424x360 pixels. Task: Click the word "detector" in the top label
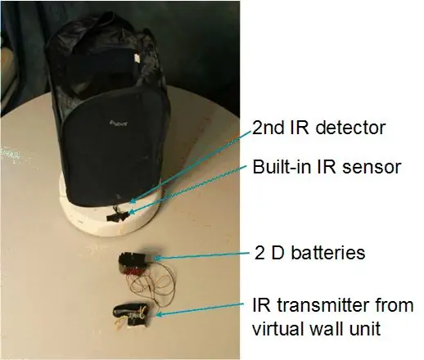pos(350,128)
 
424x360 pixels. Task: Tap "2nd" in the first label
pos(268,128)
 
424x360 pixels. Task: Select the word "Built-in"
pos(282,167)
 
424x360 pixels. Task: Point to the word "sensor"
pos(372,168)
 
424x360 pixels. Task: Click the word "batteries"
pos(328,253)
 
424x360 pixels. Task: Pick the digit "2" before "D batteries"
pos(259,253)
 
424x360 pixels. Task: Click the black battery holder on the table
pos(133,263)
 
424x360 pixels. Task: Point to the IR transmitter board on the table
pos(131,315)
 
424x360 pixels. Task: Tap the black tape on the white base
pos(118,216)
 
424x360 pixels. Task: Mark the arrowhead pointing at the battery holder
pos(158,258)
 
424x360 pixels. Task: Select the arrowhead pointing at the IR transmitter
pos(159,314)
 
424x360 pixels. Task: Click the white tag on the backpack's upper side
pos(137,58)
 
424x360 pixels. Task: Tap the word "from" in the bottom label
pos(395,305)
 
